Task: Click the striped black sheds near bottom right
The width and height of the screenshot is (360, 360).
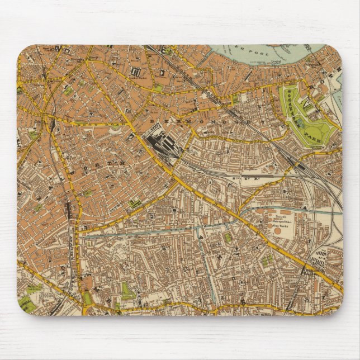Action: coord(321,258)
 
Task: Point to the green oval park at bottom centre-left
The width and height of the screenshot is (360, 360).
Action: coord(128,291)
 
